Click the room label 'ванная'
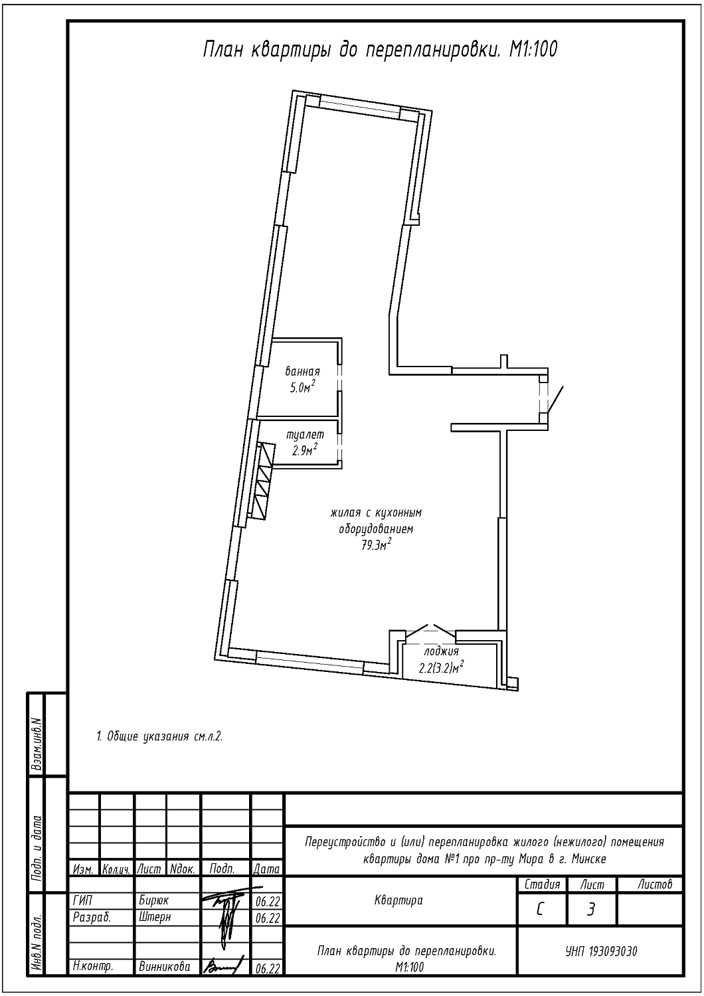pos(302,371)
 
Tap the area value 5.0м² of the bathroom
pos(302,387)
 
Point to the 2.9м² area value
pos(305,450)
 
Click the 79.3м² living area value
pos(376,545)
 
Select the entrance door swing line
pos(555,398)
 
